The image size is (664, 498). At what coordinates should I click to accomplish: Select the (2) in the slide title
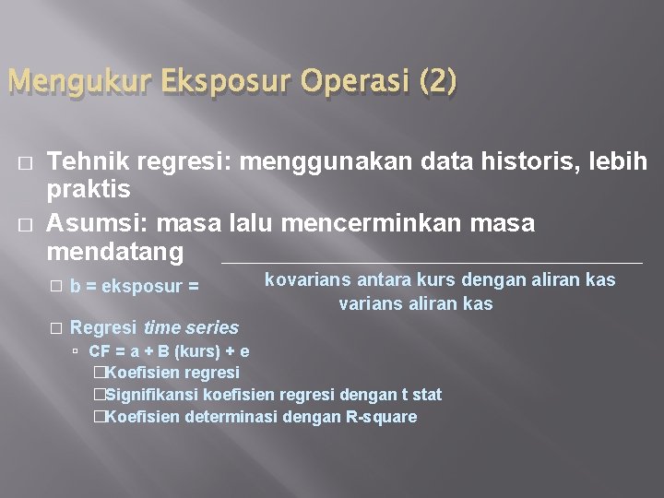pyautogui.click(x=436, y=84)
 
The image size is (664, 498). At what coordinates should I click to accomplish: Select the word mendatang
pyautogui.click(x=115, y=252)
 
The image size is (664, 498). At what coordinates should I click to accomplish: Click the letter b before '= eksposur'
pyautogui.click(x=74, y=287)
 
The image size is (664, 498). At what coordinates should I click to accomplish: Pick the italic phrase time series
pyautogui.click(x=191, y=327)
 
